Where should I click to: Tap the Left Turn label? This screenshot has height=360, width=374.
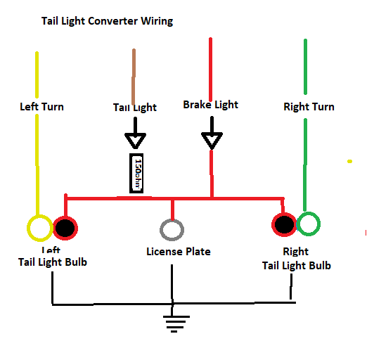click(42, 107)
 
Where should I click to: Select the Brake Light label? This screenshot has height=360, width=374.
click(211, 104)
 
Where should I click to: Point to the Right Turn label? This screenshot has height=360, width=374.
click(309, 107)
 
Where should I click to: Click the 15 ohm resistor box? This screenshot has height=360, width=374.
click(136, 172)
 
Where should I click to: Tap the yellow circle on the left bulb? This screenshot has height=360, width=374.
click(39, 228)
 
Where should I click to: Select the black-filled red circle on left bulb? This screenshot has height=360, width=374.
click(65, 227)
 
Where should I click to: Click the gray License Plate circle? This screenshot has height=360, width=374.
click(172, 229)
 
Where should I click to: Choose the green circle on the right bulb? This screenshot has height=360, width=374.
click(308, 224)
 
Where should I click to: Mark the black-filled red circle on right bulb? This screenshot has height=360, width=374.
click(284, 224)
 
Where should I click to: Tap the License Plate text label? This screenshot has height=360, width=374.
click(179, 251)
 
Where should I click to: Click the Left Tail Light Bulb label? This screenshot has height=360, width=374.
click(53, 257)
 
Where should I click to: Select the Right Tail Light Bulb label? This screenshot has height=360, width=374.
click(296, 258)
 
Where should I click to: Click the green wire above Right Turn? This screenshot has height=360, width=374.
click(305, 67)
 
